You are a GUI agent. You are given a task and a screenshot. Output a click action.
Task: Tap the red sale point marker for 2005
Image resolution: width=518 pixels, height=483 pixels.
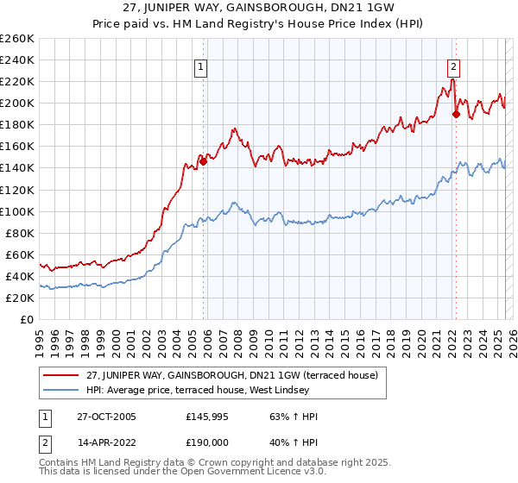[x=204, y=160]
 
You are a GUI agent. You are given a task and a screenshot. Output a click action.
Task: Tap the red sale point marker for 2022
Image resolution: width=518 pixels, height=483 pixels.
[x=456, y=113]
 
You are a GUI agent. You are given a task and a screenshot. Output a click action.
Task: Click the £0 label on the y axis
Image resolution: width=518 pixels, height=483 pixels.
[x=27, y=319]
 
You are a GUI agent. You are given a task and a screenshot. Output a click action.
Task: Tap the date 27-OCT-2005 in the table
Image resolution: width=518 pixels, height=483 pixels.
[x=107, y=417]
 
